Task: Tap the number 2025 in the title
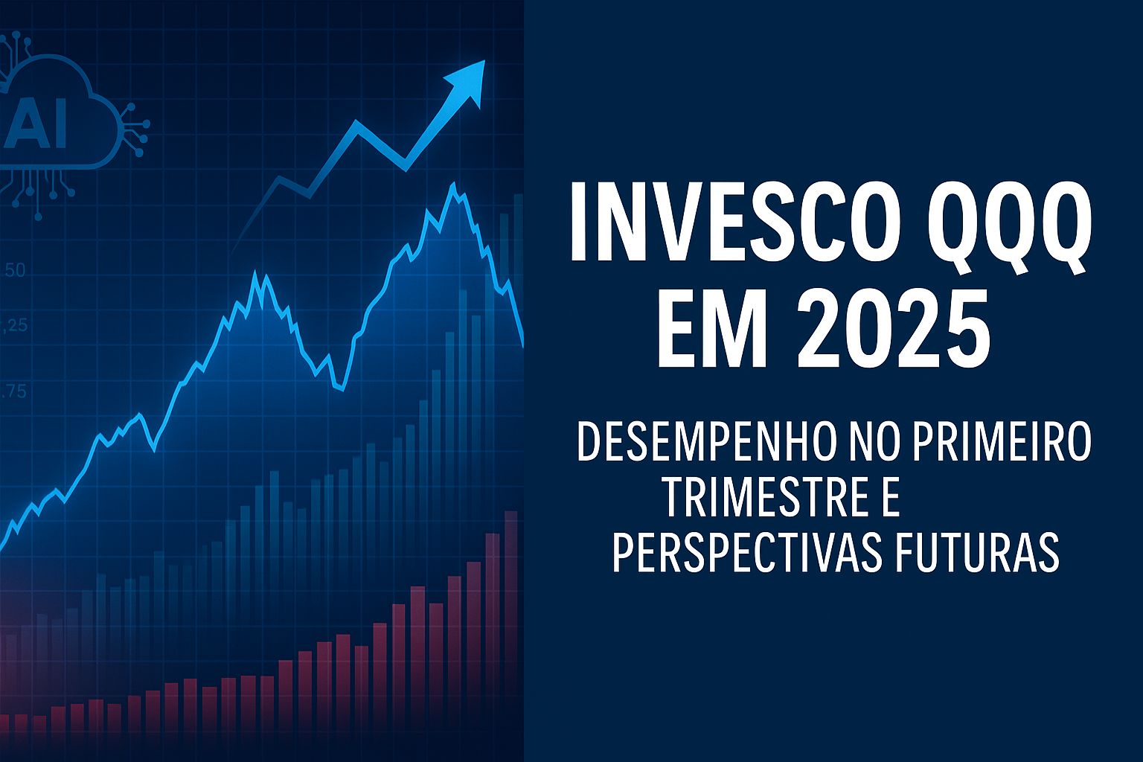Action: (x=892, y=327)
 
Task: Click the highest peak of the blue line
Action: (x=453, y=184)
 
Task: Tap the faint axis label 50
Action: (x=14, y=270)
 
